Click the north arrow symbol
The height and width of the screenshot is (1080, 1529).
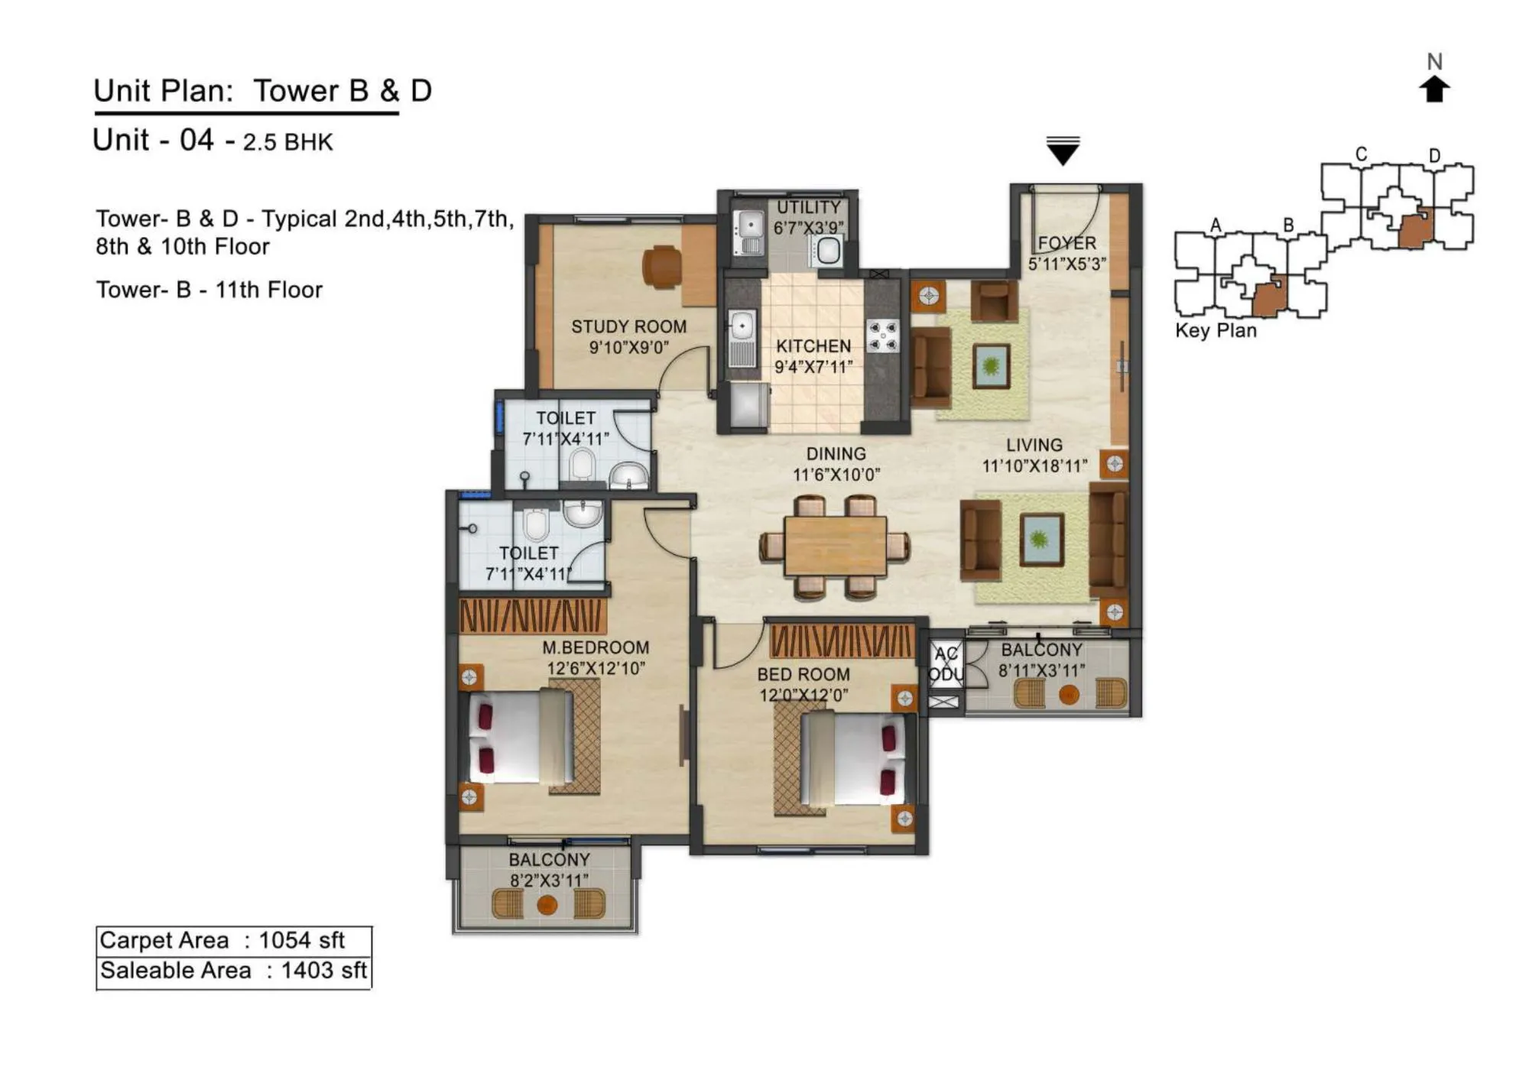point(1434,89)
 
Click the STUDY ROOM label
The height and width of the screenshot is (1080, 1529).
point(628,326)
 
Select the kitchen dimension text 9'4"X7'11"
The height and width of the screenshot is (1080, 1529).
point(813,367)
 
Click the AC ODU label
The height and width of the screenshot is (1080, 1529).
point(946,664)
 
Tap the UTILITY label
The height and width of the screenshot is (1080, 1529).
point(808,208)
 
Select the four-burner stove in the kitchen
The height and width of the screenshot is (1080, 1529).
point(882,336)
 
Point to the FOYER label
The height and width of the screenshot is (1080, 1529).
point(1066,243)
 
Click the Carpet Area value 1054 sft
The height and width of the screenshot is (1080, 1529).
point(301,940)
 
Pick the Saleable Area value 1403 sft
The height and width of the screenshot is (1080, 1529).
point(323,971)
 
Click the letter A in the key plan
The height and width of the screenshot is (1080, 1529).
point(1216,225)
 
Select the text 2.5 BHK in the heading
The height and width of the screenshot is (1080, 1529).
point(287,142)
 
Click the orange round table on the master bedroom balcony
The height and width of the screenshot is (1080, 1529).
point(547,905)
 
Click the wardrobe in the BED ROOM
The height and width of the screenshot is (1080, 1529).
point(841,641)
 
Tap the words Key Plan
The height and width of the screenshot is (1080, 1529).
point(1216,330)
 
